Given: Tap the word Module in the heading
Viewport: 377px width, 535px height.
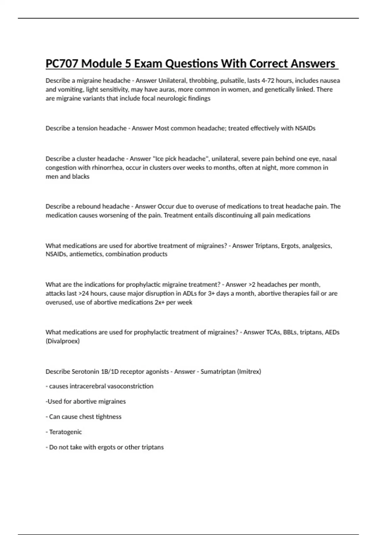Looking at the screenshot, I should (102, 64).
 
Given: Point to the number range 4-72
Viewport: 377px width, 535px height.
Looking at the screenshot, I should (268, 81).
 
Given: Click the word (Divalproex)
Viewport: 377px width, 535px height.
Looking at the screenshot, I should (63, 341).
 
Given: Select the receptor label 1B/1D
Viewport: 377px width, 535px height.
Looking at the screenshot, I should (110, 371).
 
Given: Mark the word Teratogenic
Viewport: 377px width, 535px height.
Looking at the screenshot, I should (65, 432).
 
